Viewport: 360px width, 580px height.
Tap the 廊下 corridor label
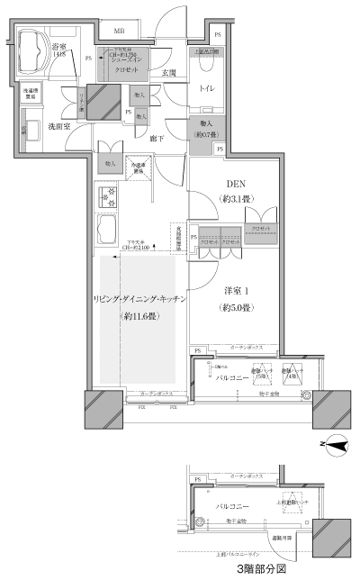(157, 138)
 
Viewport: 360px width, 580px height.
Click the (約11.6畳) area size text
(139, 316)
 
